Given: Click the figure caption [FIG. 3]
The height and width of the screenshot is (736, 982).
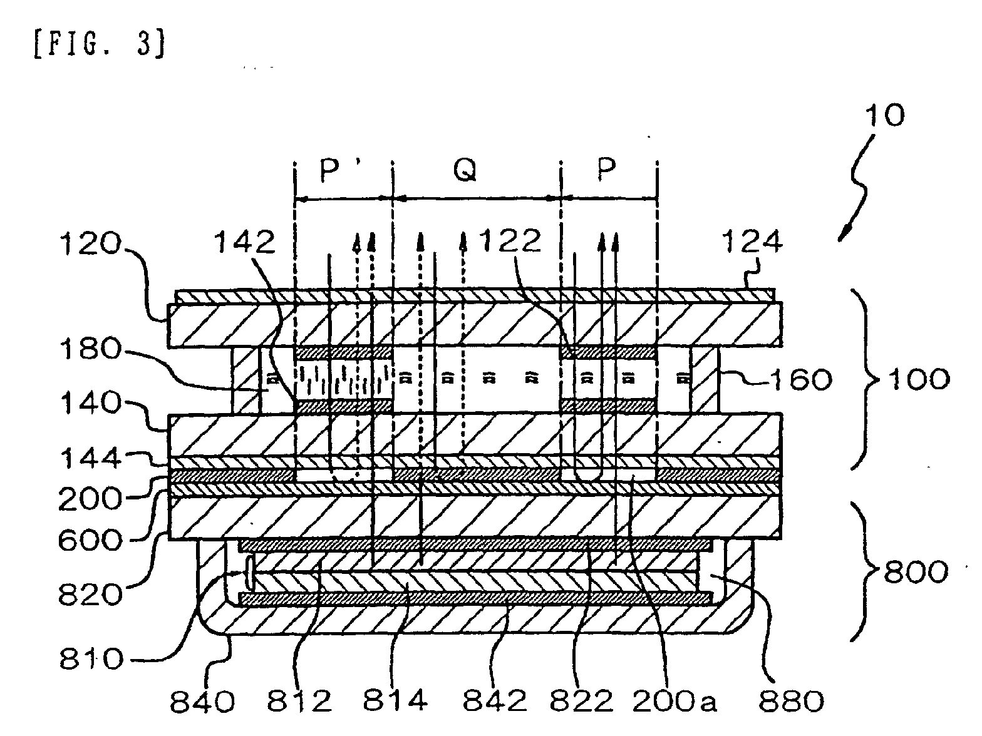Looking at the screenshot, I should pyautogui.click(x=98, y=46).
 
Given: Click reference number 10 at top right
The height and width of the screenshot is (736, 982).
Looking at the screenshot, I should pyautogui.click(x=884, y=116).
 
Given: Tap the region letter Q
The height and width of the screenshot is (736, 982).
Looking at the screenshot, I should pyautogui.click(x=464, y=170).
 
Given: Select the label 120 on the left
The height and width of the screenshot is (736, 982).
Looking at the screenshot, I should pyautogui.click(x=89, y=245).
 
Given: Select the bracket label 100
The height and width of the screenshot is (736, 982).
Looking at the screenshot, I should pyautogui.click(x=916, y=379).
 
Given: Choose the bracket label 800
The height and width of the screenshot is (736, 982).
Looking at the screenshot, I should pyautogui.click(x=916, y=571).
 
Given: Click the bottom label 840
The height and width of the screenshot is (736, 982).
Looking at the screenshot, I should pyautogui.click(x=202, y=702).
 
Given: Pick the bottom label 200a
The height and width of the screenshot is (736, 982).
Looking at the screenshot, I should pyautogui.click(x=673, y=702).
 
